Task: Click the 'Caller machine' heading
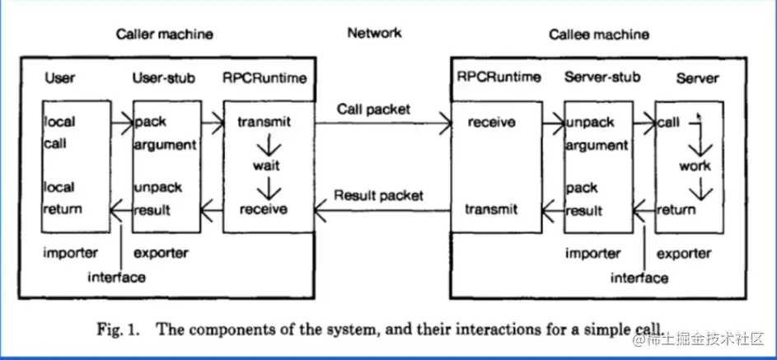coord(164,34)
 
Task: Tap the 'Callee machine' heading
coord(599,35)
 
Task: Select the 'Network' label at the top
coord(374,33)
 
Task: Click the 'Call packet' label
coord(373,108)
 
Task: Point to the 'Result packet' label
coord(378,195)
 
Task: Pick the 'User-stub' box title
coord(164,78)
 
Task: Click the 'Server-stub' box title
coord(598,78)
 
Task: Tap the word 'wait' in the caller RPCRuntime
coord(266,166)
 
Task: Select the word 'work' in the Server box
coord(695,166)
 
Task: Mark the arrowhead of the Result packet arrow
coord(320,210)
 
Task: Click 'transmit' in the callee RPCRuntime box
coord(492,209)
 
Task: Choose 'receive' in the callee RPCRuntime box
coord(492,123)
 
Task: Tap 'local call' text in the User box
coord(60,132)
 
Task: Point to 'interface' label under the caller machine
coord(116,277)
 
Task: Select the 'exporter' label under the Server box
coord(686,253)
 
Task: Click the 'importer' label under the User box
coord(70,252)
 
